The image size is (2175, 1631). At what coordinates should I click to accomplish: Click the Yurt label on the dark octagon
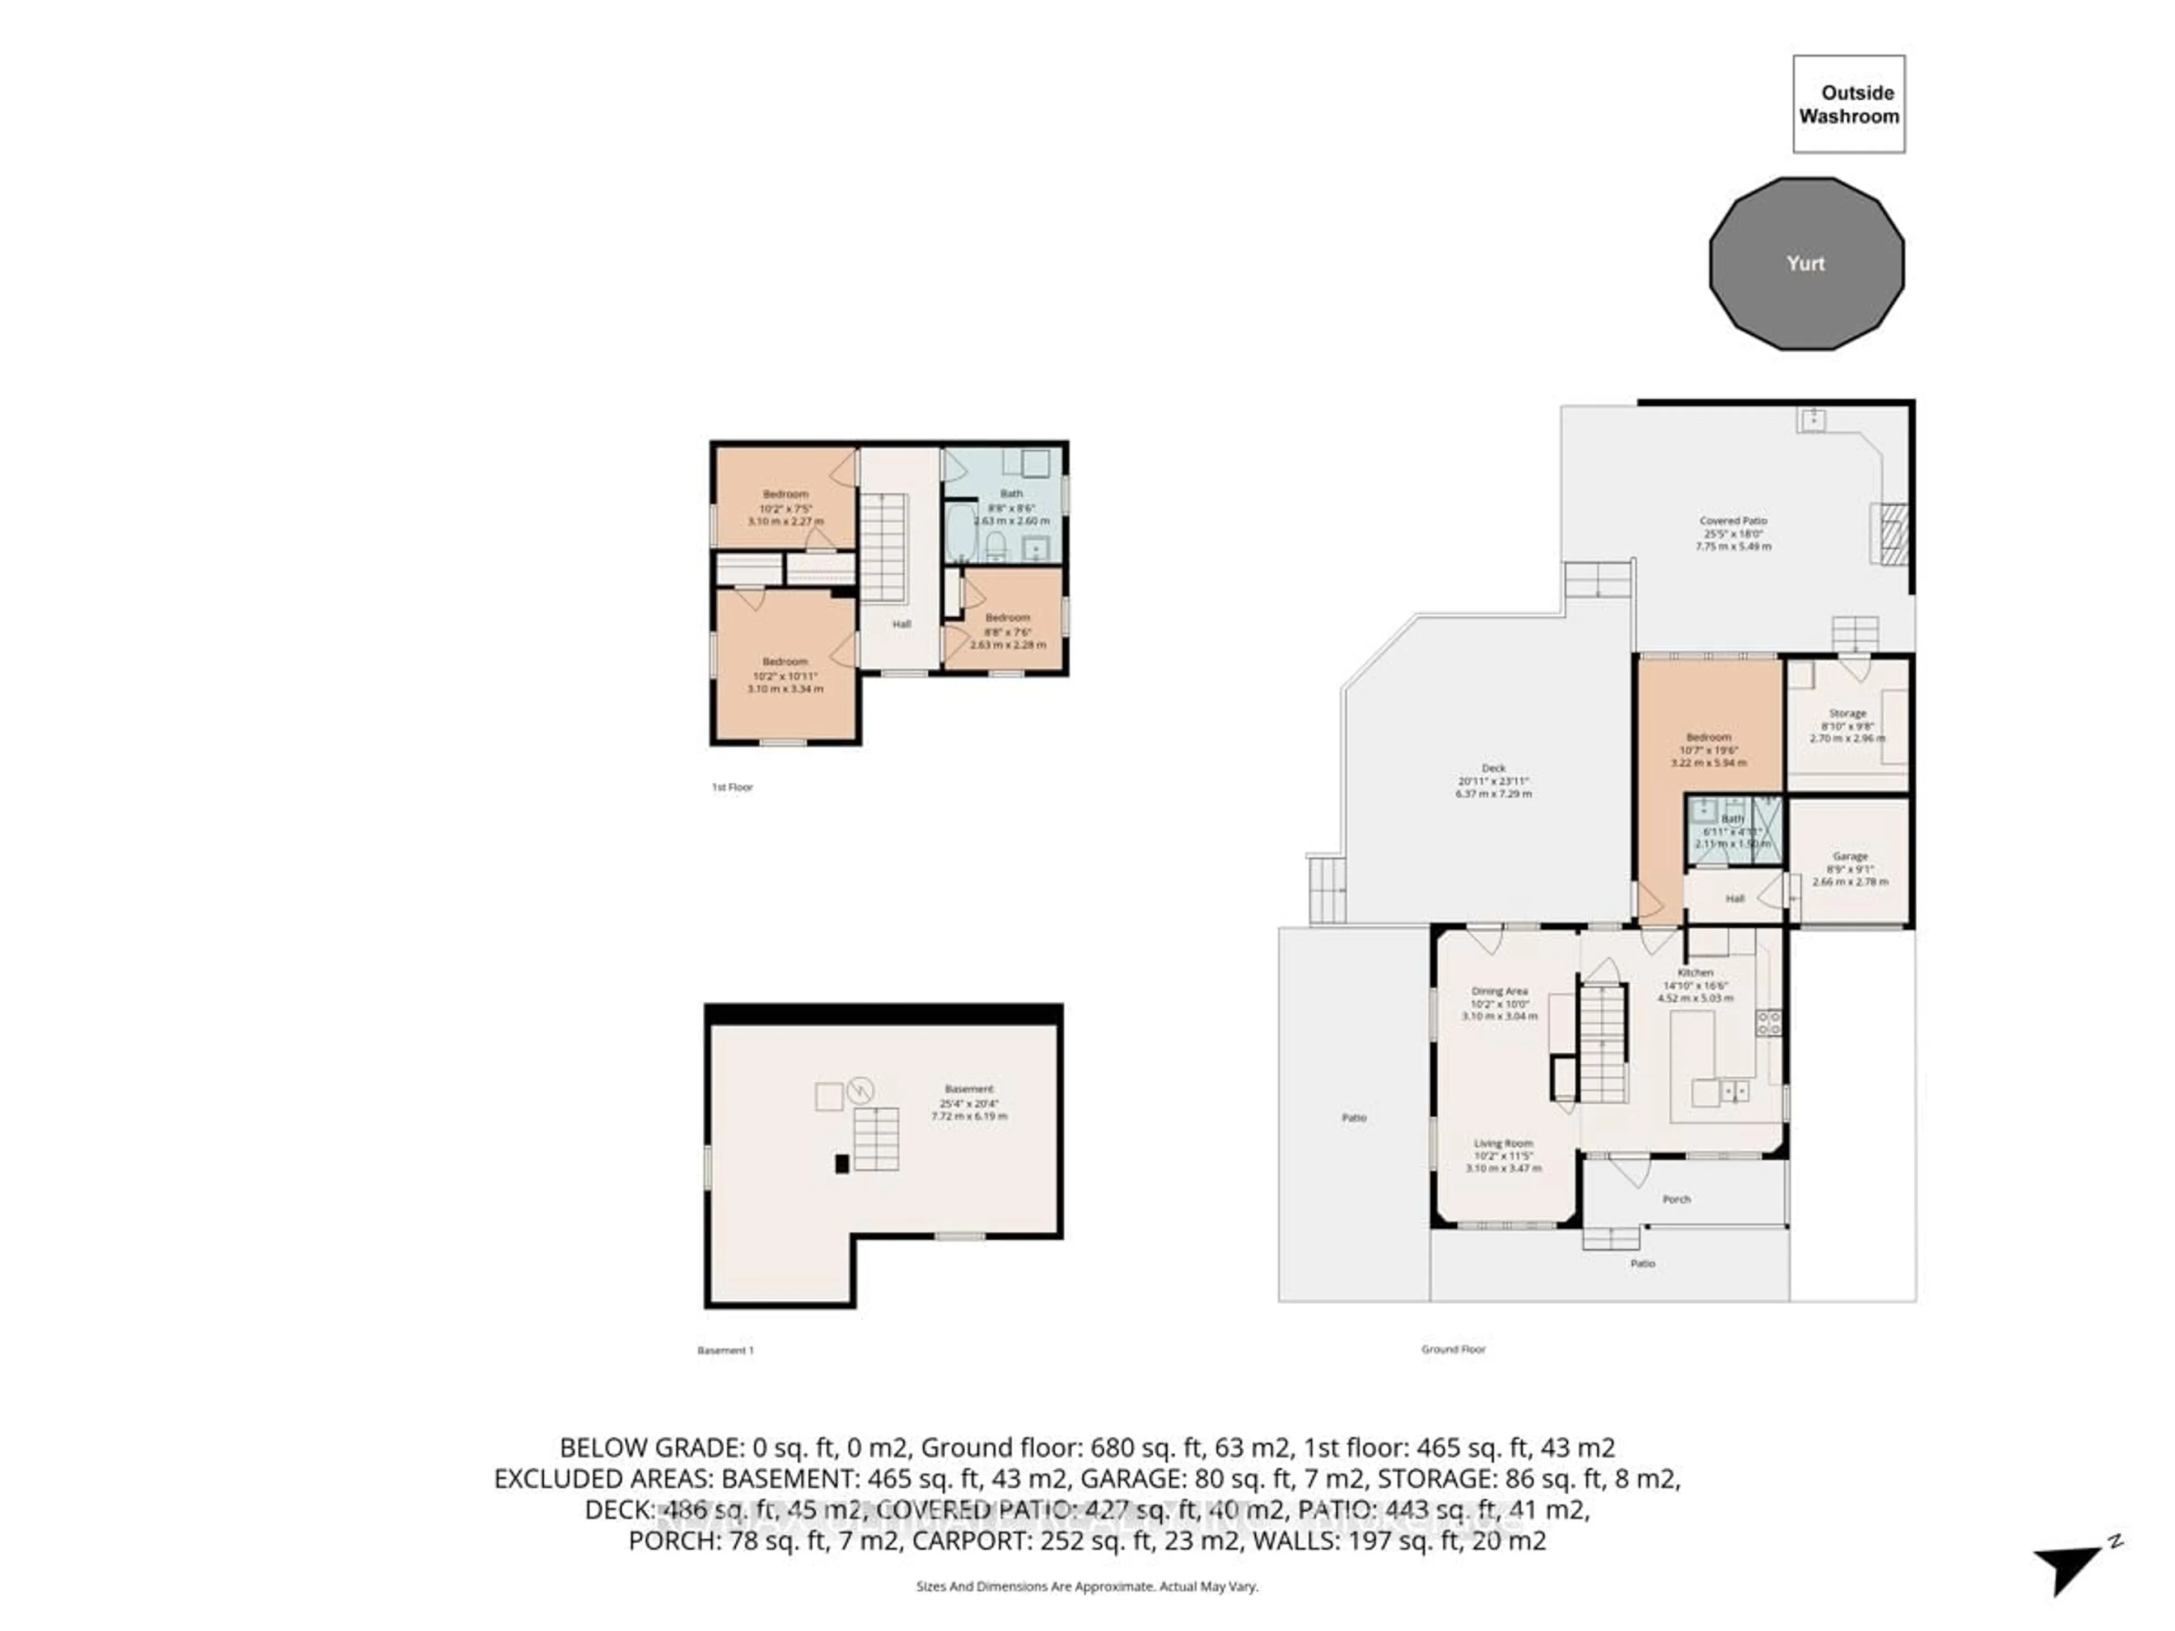click(x=1805, y=263)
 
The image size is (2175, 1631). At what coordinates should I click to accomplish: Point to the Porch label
click(x=1677, y=1199)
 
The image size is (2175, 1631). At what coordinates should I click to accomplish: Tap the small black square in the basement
click(x=842, y=1164)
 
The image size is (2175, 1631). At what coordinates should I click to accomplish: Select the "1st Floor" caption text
click(x=732, y=788)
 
